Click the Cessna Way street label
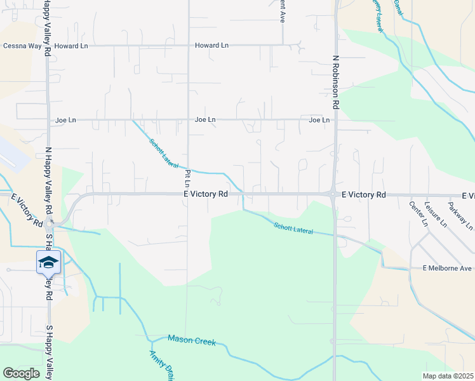tap(21, 46)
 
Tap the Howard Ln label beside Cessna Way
tap(71, 46)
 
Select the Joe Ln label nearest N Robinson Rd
tap(319, 119)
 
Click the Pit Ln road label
tap(187, 178)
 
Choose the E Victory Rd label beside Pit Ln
tap(205, 194)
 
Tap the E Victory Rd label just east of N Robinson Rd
tap(363, 194)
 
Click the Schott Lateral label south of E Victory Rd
tap(293, 227)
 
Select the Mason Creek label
tap(192, 340)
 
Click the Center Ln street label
tap(418, 214)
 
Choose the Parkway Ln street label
tap(460, 216)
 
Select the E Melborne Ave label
tap(448, 269)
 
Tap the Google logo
tap(21, 373)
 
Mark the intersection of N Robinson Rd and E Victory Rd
tap(333, 194)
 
